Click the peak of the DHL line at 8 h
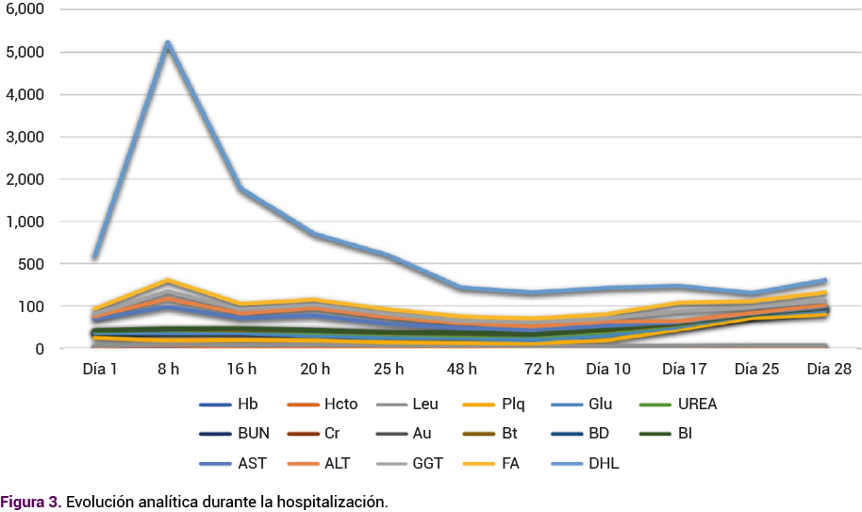point(168,44)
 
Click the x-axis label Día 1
point(100,370)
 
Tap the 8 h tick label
point(168,370)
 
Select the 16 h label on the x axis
point(241,370)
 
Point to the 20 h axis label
point(315,370)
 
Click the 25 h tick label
point(389,370)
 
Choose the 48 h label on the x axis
point(462,370)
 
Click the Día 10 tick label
point(609,370)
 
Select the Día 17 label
point(683,370)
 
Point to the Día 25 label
point(756,370)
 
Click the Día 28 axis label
point(829,370)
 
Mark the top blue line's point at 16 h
point(241,190)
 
